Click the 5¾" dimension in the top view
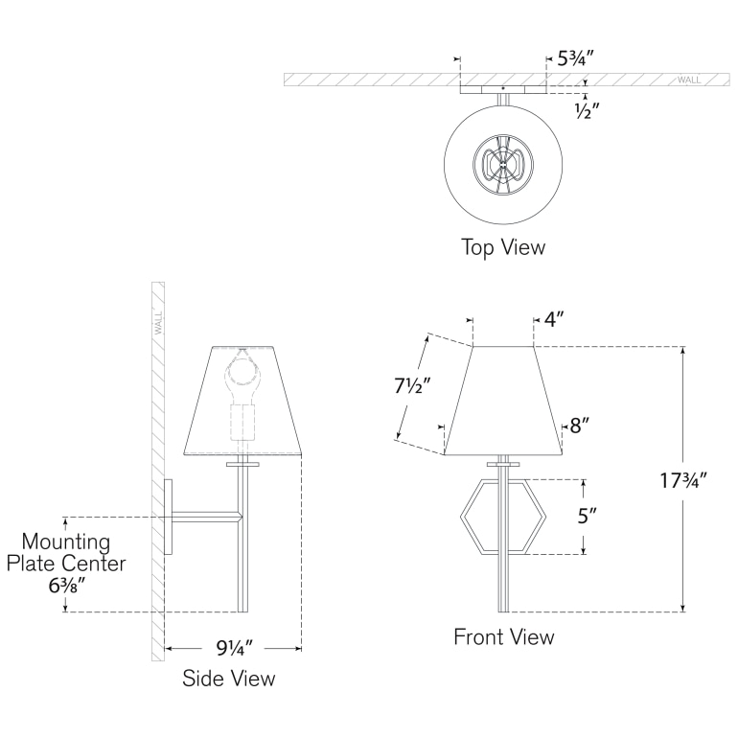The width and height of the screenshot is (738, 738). [x=576, y=58]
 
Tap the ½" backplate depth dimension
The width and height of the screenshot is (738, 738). [x=587, y=110]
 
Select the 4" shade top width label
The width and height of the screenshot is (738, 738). [x=554, y=319]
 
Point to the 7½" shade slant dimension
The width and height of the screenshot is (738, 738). [x=413, y=386]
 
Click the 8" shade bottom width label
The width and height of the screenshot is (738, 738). [x=580, y=426]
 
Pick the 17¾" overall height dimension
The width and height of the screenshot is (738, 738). [x=683, y=480]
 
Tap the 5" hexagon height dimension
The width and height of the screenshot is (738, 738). [x=587, y=517]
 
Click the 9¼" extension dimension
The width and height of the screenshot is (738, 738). [x=235, y=648]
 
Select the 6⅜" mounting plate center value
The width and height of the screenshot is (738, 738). [x=67, y=586]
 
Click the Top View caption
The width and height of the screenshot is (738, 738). [x=503, y=247]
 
